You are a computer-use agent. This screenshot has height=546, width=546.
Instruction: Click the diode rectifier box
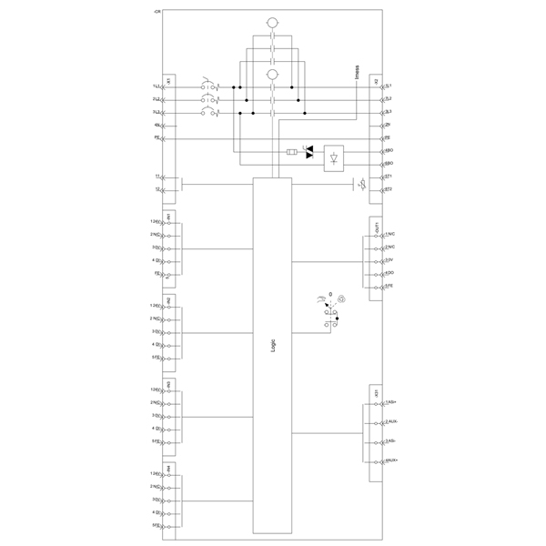(x=335, y=157)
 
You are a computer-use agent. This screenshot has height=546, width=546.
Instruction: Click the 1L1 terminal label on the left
(x=157, y=86)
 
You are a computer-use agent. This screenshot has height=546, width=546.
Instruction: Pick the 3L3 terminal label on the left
(x=157, y=111)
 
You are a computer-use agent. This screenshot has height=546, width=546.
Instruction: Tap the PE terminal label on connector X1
(x=157, y=136)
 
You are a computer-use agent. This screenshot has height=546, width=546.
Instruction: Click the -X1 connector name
(x=169, y=80)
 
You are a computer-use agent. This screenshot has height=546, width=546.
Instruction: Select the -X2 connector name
(x=376, y=80)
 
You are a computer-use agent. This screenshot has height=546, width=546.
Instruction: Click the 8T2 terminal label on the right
(x=388, y=188)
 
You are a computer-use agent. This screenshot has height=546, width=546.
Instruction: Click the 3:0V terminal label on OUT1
(x=389, y=260)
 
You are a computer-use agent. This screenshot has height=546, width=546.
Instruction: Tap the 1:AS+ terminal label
(x=390, y=401)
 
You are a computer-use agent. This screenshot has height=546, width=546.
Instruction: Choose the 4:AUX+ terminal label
(x=391, y=462)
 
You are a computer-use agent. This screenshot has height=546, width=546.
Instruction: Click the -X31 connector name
(x=376, y=392)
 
